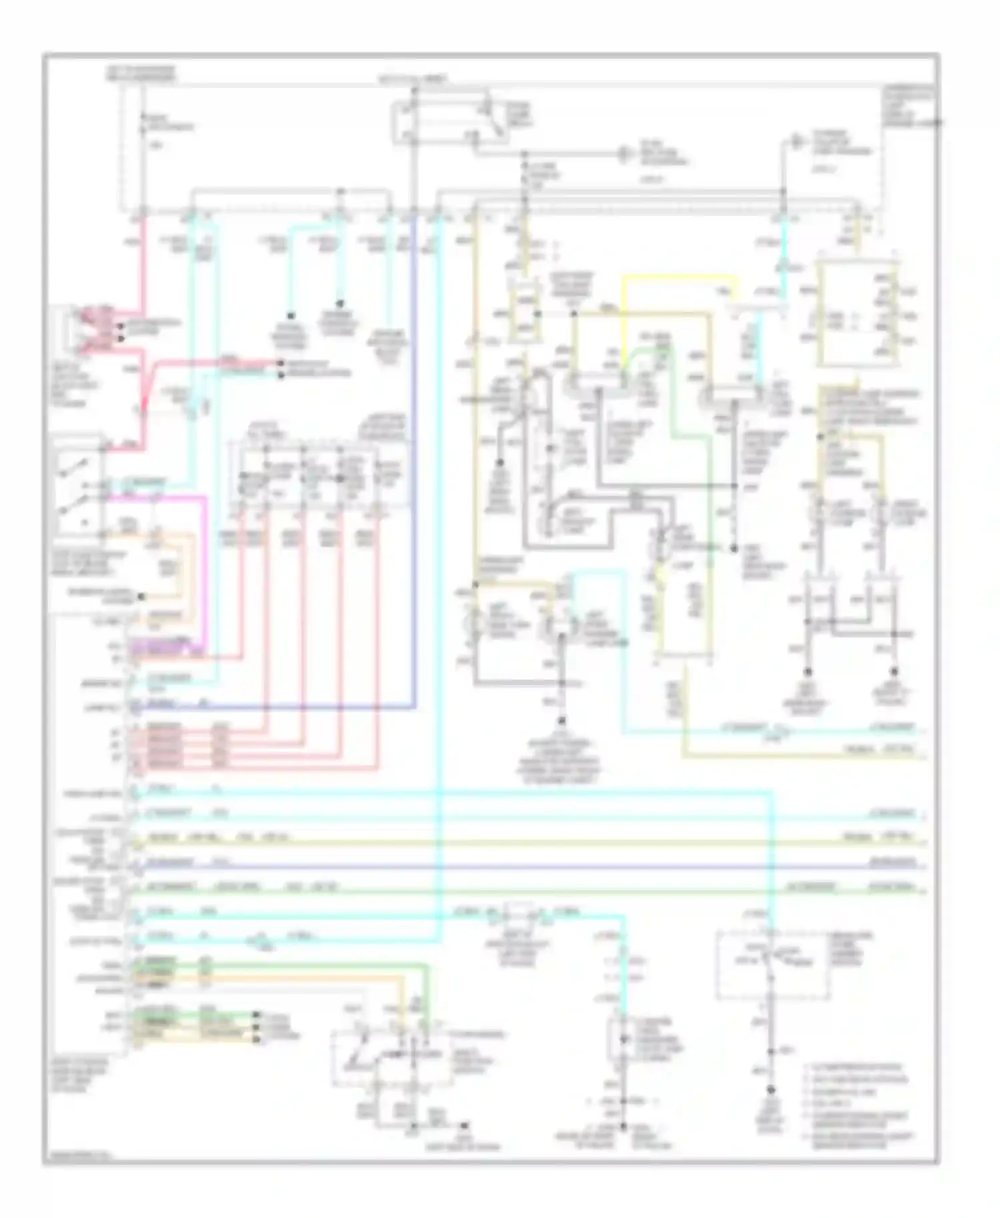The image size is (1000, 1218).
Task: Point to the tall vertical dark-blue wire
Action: pos(413,466)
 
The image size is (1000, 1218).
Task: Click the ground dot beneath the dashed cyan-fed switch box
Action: pos(771,1091)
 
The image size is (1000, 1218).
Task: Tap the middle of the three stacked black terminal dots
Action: pos(255,1027)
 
